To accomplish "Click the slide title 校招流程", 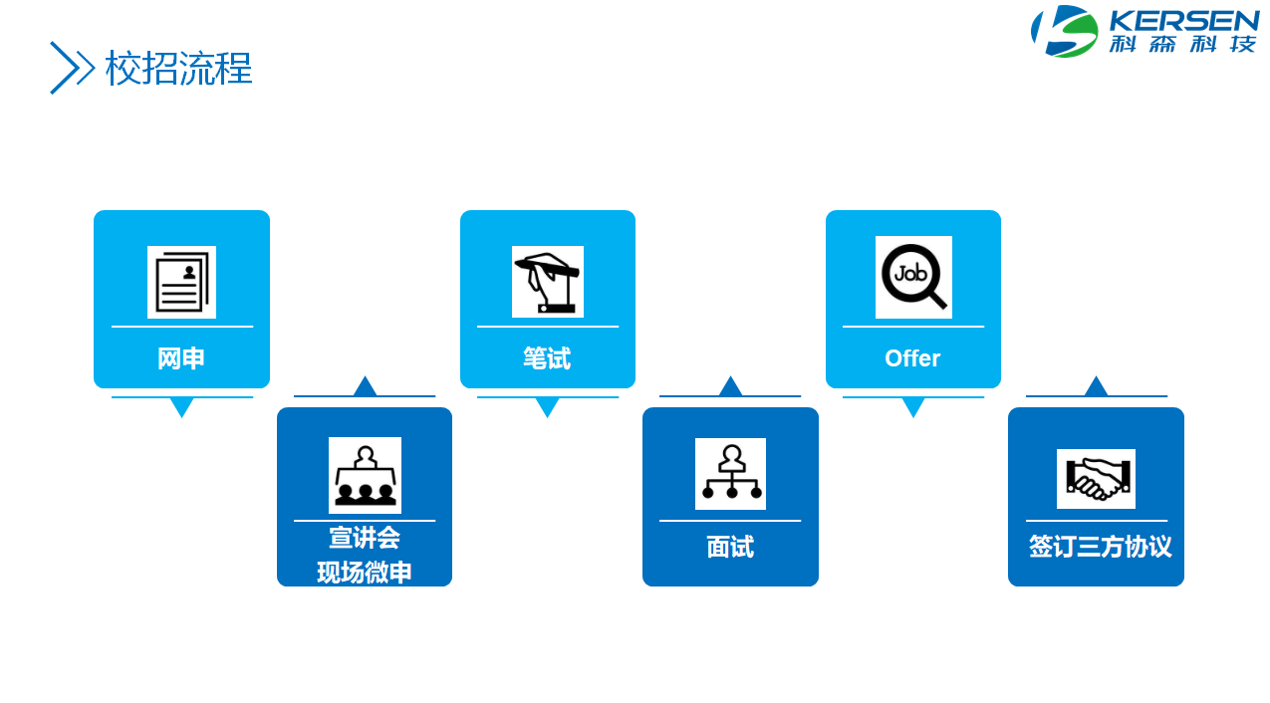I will tap(179, 69).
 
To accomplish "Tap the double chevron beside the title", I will tap(72, 68).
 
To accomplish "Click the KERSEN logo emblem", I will tap(1064, 31).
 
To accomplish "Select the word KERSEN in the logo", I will tap(1184, 21).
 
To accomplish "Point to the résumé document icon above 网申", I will tap(181, 282).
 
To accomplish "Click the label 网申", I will tap(181, 358).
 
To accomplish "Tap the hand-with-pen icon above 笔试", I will tap(547, 282).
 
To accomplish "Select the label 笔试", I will tap(547, 358).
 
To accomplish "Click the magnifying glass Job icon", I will tap(913, 277).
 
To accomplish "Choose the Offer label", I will tap(912, 358).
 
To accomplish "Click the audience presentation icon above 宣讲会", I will tap(365, 475).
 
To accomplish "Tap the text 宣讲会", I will tap(365, 539).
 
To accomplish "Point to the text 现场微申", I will tap(365, 573).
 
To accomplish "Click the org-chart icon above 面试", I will tap(730, 474).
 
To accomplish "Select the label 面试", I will tap(730, 548).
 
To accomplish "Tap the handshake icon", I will tap(1096, 479).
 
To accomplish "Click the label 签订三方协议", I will tap(1100, 548).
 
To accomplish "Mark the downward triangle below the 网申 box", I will tap(181, 406).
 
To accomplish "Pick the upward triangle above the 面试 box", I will tap(730, 387).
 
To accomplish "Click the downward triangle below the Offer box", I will tap(913, 406).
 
